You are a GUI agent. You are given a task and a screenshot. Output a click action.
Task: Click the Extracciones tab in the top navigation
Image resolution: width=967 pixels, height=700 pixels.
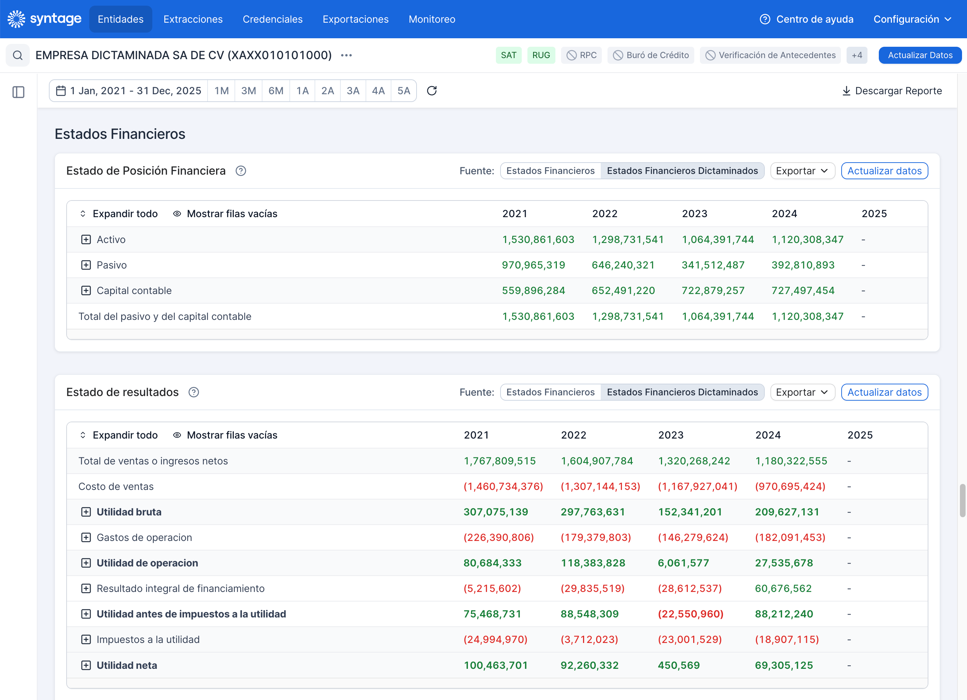pos(193,19)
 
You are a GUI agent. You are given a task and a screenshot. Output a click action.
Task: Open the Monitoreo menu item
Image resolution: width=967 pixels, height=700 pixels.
pos(432,19)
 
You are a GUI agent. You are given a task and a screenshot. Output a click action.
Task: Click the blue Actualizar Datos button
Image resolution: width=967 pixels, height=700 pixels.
pos(920,55)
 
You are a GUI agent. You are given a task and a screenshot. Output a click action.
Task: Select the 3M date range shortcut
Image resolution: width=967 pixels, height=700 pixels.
pos(249,91)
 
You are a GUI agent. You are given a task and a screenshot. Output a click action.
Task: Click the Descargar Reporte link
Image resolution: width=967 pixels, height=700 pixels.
pos(892,91)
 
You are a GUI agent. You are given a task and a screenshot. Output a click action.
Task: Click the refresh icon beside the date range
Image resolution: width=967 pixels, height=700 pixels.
pos(431,91)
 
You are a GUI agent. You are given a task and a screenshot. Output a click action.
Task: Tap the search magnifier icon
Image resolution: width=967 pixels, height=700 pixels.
pos(17,55)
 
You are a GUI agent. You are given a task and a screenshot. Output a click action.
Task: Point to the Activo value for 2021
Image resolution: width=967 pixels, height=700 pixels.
pos(538,239)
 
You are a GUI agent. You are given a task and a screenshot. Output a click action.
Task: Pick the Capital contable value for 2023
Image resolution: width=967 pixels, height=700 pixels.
pos(713,291)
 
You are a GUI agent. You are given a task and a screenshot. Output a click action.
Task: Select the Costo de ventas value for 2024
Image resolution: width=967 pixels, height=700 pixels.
pos(790,486)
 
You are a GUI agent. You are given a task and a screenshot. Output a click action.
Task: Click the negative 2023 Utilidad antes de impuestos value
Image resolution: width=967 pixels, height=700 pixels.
pos(691,614)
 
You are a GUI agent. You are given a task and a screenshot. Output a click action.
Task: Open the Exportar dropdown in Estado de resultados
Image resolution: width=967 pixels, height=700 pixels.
pos(802,392)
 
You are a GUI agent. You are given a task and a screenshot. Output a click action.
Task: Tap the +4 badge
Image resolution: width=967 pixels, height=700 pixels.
pos(856,55)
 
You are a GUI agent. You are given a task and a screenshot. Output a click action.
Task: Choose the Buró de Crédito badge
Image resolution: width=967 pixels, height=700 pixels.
pos(651,55)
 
